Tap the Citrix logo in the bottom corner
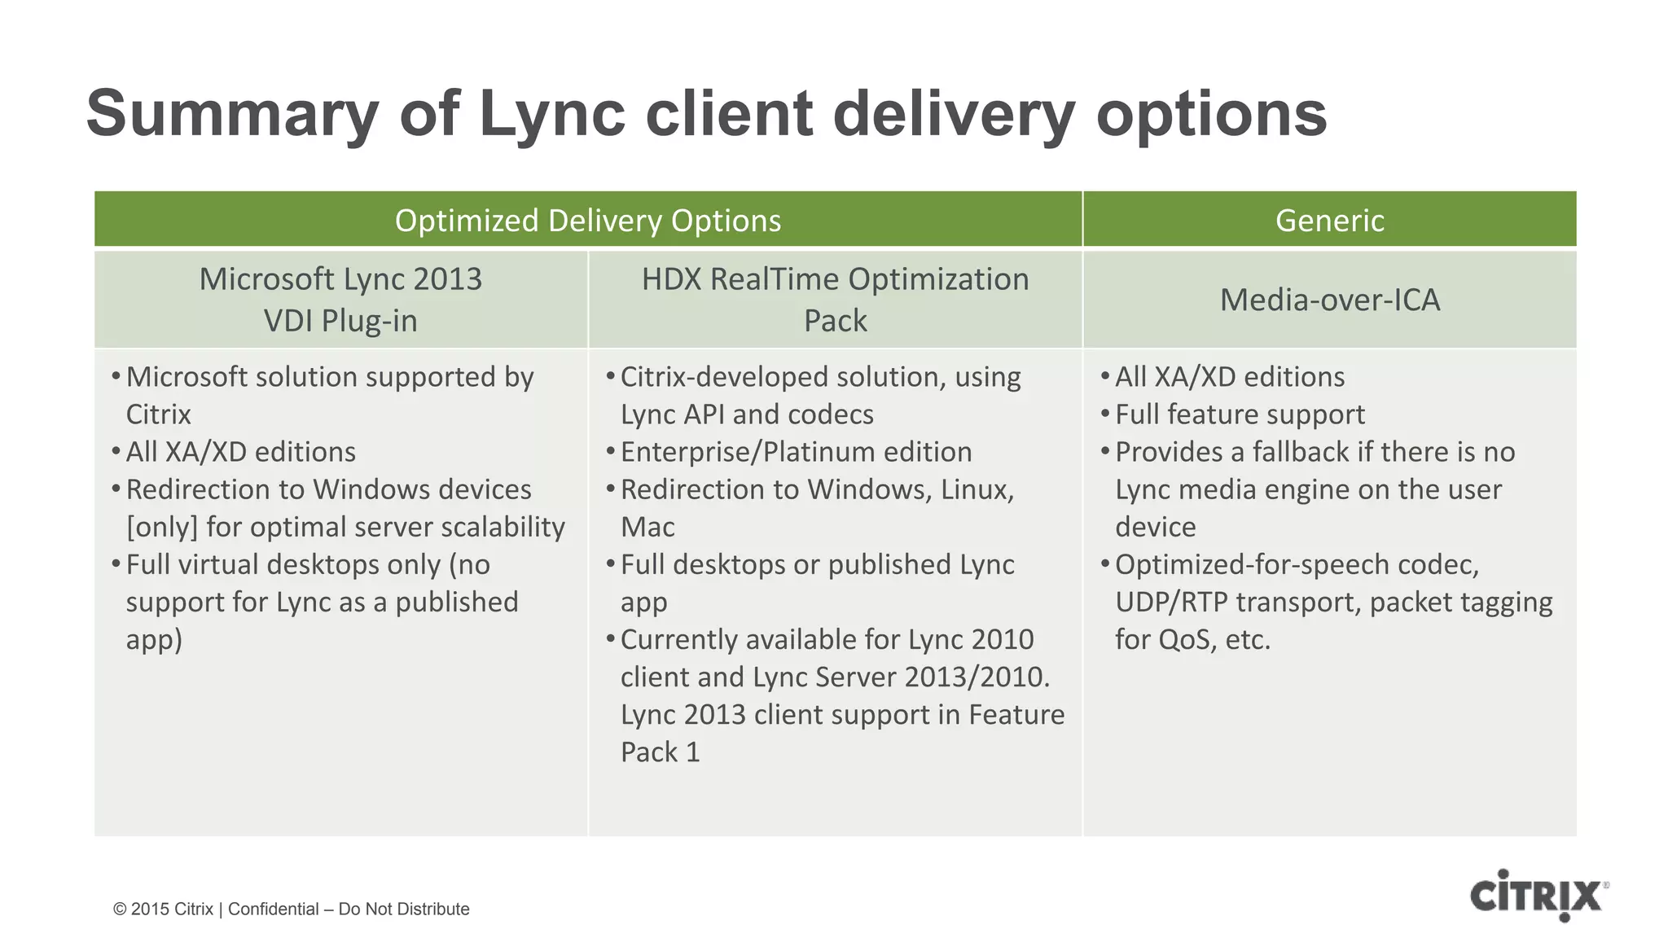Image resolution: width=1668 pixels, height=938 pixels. click(1537, 896)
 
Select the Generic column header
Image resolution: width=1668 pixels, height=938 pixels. click(1329, 221)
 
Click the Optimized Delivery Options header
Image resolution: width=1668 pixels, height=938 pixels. click(587, 221)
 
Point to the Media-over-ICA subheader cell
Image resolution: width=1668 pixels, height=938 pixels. click(1329, 300)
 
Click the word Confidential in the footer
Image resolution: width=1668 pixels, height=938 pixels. click(273, 910)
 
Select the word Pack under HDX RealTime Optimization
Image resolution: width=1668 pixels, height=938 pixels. click(835, 321)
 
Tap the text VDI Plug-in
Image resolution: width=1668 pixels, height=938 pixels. click(340, 321)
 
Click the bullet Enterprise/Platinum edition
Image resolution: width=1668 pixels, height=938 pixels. click(796, 452)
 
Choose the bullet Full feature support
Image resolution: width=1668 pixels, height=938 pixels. click(1240, 414)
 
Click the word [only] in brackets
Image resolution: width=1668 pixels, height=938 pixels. click(162, 528)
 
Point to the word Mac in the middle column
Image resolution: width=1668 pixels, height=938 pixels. click(647, 528)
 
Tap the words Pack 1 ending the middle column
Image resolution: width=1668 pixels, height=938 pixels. click(660, 752)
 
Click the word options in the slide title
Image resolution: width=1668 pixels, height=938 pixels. click(1211, 114)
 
